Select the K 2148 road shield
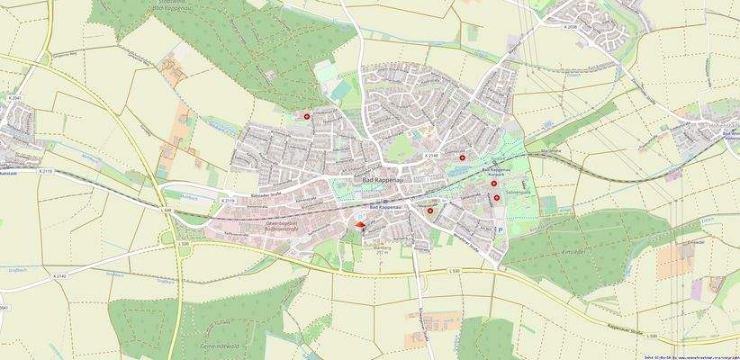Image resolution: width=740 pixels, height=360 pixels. coord(431,156)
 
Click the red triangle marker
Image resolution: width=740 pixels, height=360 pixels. coord(361,225)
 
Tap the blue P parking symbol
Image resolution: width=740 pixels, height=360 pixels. coord(501,230)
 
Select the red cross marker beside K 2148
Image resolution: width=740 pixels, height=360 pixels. coord(463,157)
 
